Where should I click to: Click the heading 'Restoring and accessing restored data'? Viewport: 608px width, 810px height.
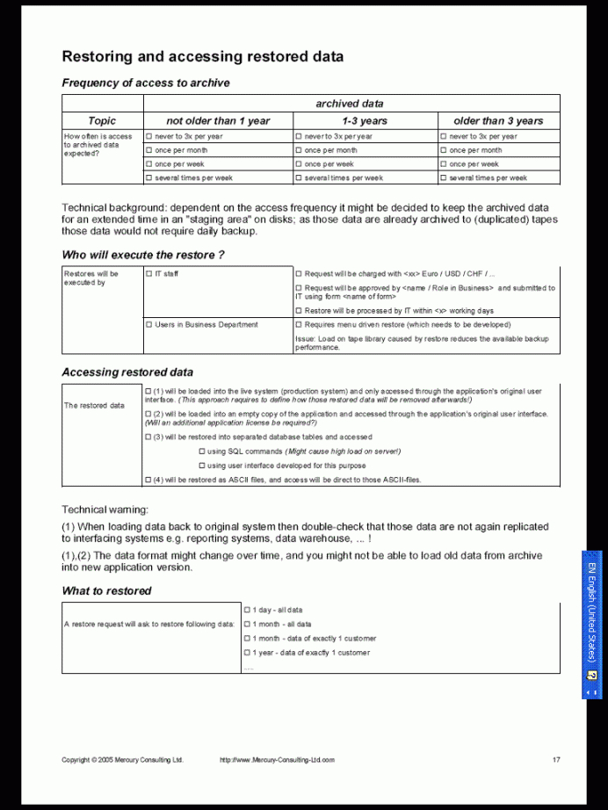coord(202,57)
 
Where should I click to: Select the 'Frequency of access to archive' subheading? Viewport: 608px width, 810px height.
coord(146,83)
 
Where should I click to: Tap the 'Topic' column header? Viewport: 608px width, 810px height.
coord(102,121)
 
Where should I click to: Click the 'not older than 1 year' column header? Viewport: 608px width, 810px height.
coord(218,121)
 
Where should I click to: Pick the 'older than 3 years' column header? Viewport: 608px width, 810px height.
coord(498,121)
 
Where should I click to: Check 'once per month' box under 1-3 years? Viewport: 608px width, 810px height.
coord(298,150)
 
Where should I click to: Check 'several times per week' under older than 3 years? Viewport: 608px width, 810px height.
coord(444,178)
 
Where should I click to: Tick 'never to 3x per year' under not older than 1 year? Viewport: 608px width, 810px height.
coord(148,137)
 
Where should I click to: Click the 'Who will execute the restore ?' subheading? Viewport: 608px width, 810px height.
coord(143,256)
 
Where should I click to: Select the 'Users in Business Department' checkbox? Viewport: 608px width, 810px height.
coord(148,325)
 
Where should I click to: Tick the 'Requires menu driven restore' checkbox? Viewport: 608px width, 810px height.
coord(299,325)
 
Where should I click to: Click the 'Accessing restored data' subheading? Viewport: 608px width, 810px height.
coord(127,372)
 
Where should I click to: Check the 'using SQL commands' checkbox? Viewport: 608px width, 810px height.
coord(201,452)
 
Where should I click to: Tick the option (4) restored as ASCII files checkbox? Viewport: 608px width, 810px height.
coord(148,481)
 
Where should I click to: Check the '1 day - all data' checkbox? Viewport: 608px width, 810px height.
coord(247,610)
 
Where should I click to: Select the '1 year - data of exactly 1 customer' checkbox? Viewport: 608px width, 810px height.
coord(247,653)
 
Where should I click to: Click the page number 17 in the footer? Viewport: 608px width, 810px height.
coord(556,760)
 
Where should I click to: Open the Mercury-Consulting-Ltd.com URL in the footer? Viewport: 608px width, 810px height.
coord(277,760)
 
